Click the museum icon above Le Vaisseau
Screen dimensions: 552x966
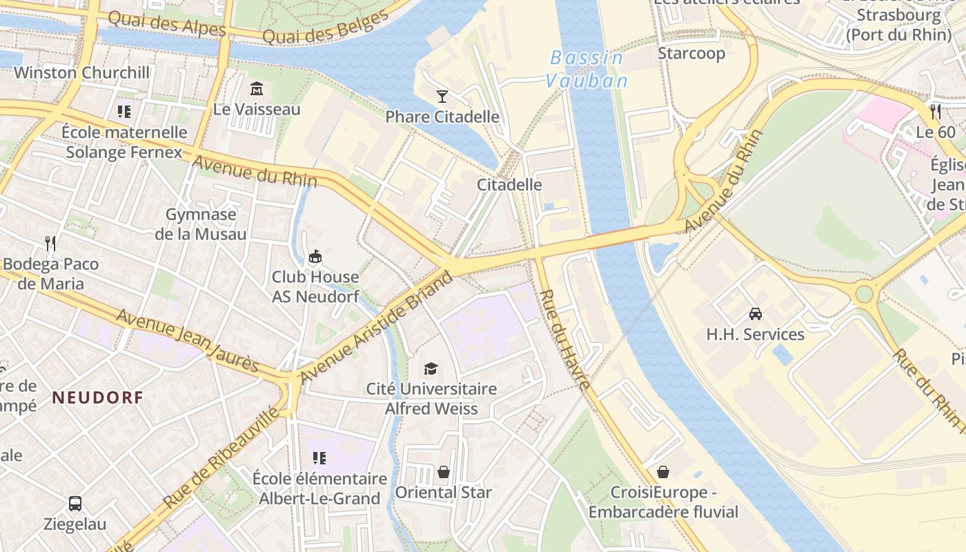coord(257,89)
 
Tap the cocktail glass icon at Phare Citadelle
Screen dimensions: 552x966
coord(442,97)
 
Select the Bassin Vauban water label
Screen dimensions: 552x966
coord(587,70)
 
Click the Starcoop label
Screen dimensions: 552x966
coord(691,53)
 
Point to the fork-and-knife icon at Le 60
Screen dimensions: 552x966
coord(936,112)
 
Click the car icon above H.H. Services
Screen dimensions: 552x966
coord(756,314)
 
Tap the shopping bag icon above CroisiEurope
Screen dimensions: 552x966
coord(663,472)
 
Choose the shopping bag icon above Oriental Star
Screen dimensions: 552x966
coord(444,472)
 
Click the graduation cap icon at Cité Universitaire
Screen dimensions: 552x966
coord(431,368)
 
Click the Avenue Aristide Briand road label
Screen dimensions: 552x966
coord(377,326)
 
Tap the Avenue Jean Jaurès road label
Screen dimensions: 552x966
coord(188,340)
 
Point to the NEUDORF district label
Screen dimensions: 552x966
coord(97,397)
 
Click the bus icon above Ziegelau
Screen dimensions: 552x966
coord(75,504)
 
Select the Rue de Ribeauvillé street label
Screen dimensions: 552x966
coord(223,457)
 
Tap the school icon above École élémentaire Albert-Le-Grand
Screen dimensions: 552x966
coord(319,457)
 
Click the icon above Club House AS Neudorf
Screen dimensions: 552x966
coord(315,257)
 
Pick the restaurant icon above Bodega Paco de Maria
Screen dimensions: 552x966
coord(50,244)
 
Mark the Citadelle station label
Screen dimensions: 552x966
coord(509,185)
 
